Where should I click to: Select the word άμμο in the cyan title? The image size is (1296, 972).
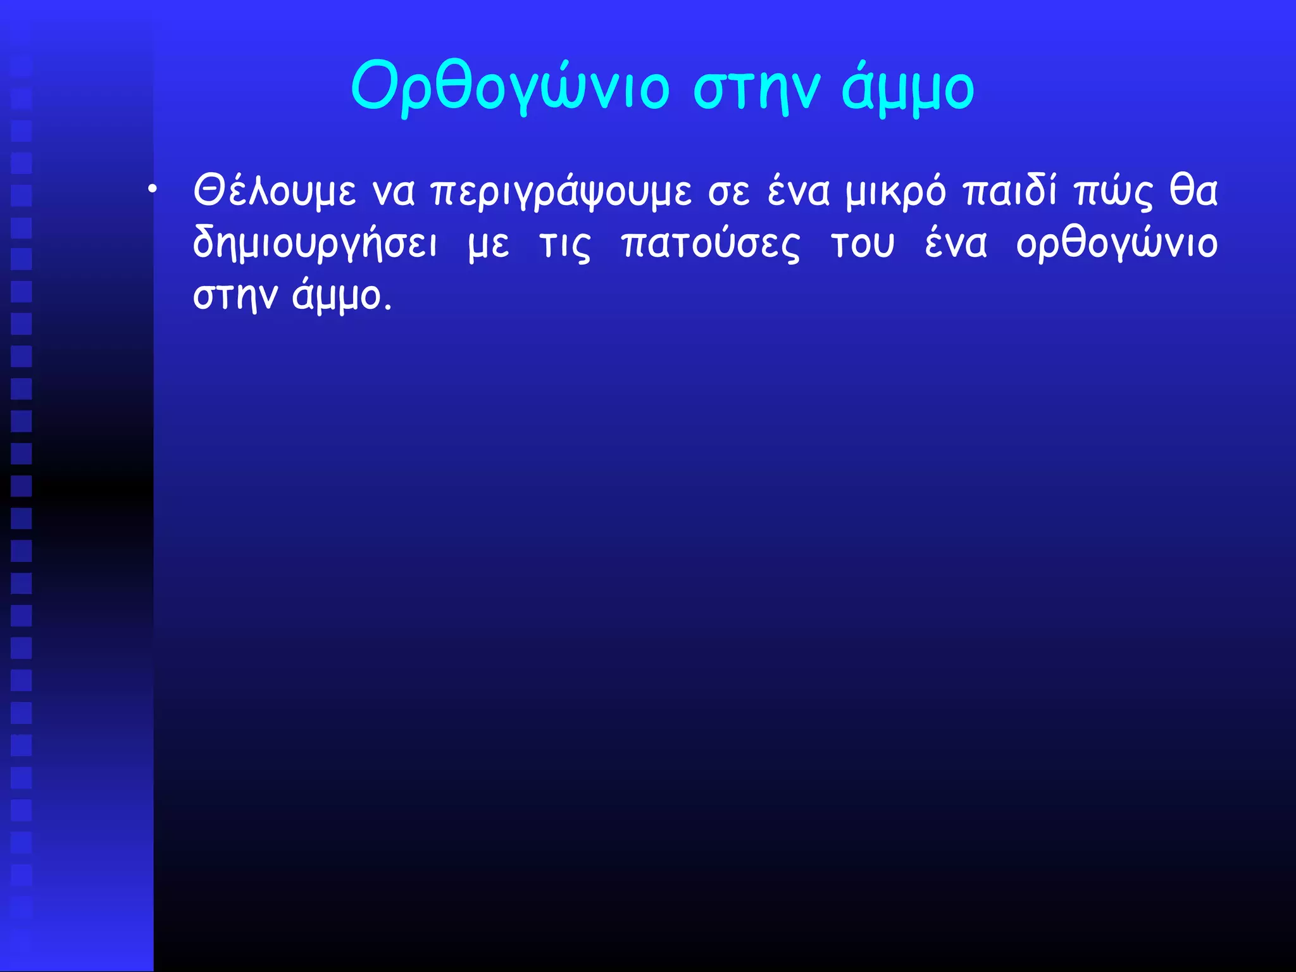908,89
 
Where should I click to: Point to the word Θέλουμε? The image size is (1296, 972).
275,191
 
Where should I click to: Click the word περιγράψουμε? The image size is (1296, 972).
561,192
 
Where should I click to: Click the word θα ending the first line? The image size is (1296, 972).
1193,191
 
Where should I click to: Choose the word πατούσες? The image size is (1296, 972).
711,246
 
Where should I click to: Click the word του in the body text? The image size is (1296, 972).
863,246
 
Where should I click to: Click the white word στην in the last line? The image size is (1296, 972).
235,297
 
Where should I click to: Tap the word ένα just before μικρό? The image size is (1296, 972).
798,191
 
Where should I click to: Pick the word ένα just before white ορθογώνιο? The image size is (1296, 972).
956,244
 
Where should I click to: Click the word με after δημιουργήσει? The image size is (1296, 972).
489,246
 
